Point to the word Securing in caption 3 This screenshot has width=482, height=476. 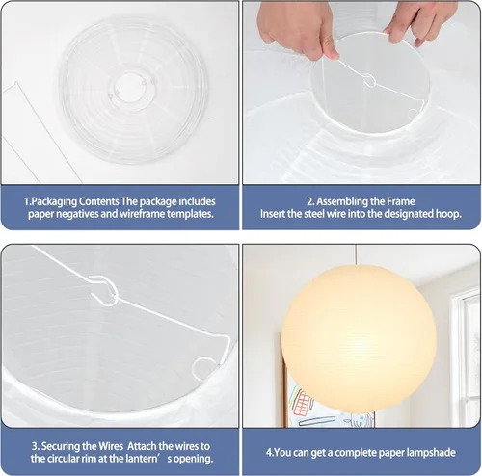(x=61, y=446)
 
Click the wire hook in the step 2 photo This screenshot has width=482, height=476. (x=371, y=80)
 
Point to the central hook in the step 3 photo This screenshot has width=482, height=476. (x=105, y=290)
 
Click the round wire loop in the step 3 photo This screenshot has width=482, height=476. (x=204, y=368)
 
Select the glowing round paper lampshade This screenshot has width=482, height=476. (x=359, y=338)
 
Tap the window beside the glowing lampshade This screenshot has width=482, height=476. (x=466, y=357)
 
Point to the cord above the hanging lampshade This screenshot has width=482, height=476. (x=356, y=255)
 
